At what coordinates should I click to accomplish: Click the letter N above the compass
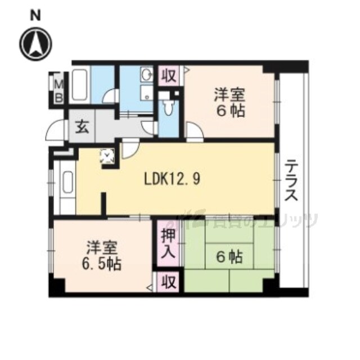point(35,15)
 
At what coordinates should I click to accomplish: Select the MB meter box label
point(58,89)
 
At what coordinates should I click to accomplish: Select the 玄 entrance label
point(82,127)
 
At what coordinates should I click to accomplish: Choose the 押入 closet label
point(168,241)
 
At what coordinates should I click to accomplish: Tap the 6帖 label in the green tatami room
point(229,258)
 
